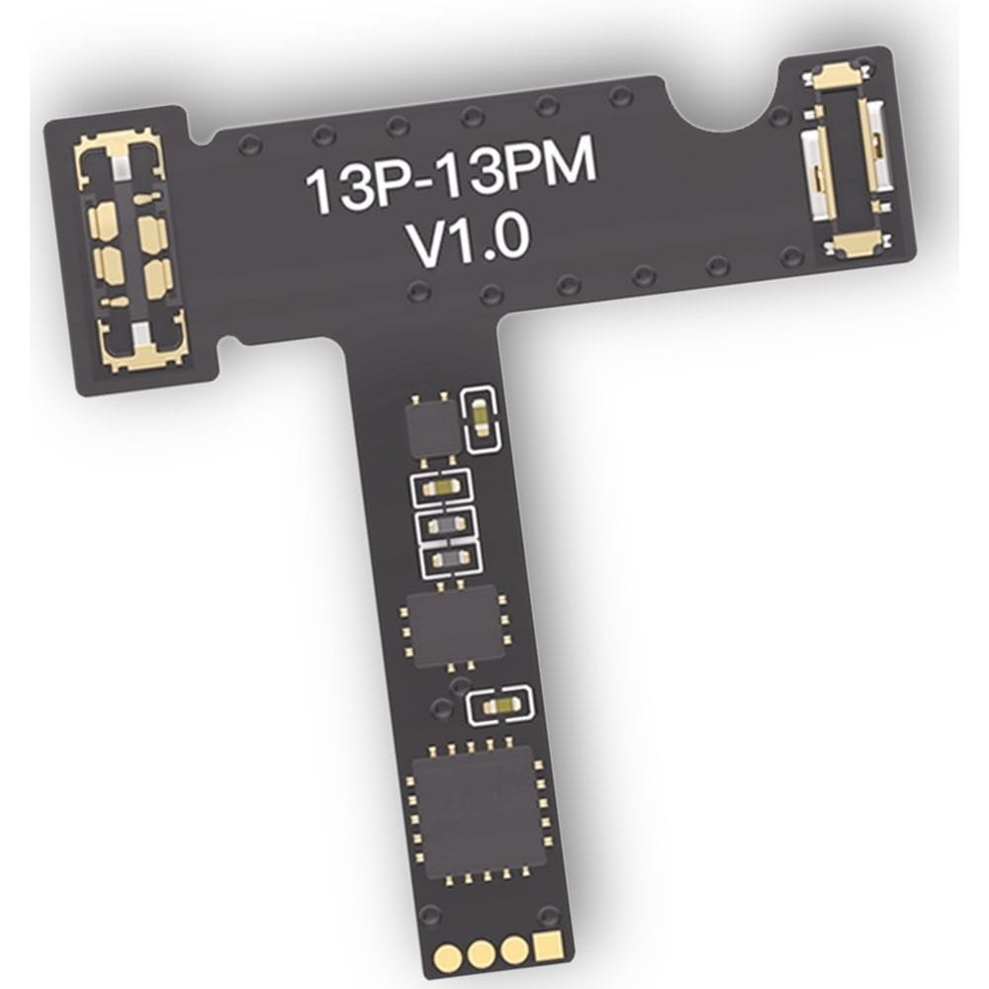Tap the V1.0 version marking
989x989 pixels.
(x=469, y=239)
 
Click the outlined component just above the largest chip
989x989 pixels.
(x=499, y=704)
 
